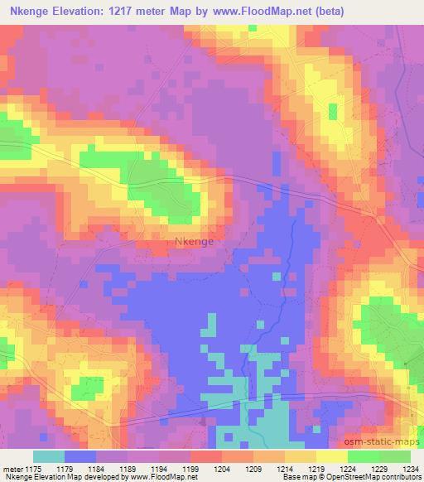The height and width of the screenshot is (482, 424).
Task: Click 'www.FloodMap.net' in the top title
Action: pos(255,11)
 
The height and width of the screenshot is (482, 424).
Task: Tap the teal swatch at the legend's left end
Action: pos(48,456)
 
